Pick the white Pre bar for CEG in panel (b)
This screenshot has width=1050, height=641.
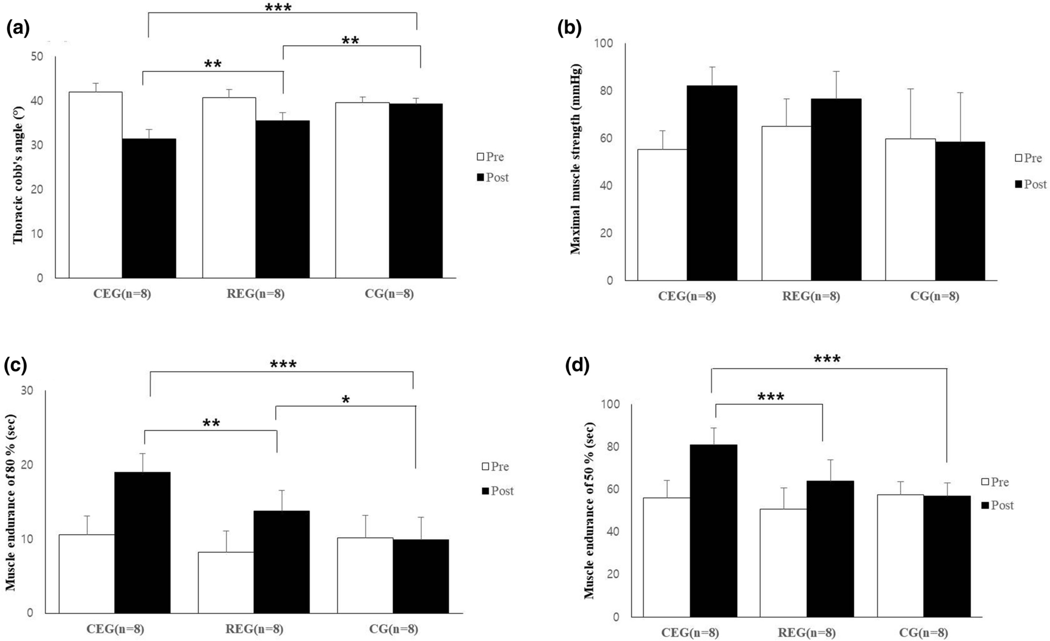(662, 215)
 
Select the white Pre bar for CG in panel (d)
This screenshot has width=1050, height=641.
(900, 555)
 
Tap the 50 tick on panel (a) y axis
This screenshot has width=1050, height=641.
(37, 56)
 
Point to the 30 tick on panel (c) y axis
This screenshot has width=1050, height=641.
(27, 390)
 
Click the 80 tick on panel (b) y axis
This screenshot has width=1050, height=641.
(606, 91)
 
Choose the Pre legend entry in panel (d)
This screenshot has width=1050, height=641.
(995, 482)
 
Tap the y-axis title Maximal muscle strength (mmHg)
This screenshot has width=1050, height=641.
(575, 159)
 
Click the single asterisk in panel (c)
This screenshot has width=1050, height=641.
(345, 400)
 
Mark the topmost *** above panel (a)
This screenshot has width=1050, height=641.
(278, 8)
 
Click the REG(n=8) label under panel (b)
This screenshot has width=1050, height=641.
(811, 297)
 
